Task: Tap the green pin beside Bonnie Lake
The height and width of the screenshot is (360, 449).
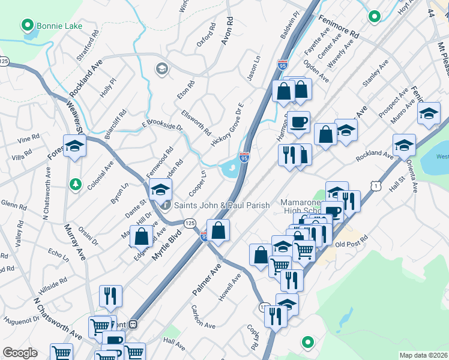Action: (x=26, y=26)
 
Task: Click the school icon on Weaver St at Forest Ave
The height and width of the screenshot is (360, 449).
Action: (x=75, y=146)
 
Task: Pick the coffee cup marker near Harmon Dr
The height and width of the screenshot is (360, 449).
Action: (x=298, y=122)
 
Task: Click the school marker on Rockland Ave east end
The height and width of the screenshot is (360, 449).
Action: (x=405, y=145)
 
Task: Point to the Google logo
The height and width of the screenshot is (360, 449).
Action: (x=20, y=353)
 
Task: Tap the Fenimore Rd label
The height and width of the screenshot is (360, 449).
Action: (x=339, y=26)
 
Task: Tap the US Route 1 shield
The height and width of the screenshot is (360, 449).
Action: (x=375, y=187)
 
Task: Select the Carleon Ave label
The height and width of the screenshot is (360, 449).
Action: (x=203, y=316)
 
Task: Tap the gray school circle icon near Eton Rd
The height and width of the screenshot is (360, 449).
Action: (x=161, y=69)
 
